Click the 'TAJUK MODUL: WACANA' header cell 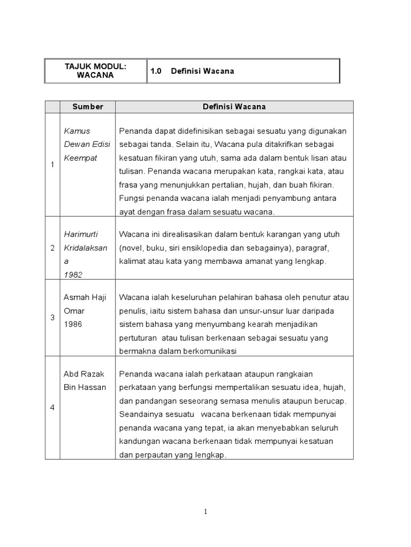[95, 71]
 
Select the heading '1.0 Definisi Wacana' [193, 71]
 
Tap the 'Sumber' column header [88, 107]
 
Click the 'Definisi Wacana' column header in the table [234, 107]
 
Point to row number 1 [52, 165]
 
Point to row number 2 [52, 248]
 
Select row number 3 [52, 317]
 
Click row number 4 [52, 408]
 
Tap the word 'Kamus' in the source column [77, 131]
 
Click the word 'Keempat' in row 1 [81, 158]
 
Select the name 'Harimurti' [82, 235]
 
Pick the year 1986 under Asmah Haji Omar [73, 324]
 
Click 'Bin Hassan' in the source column [85, 387]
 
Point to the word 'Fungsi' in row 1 [131, 199]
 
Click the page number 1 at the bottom [205, 512]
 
